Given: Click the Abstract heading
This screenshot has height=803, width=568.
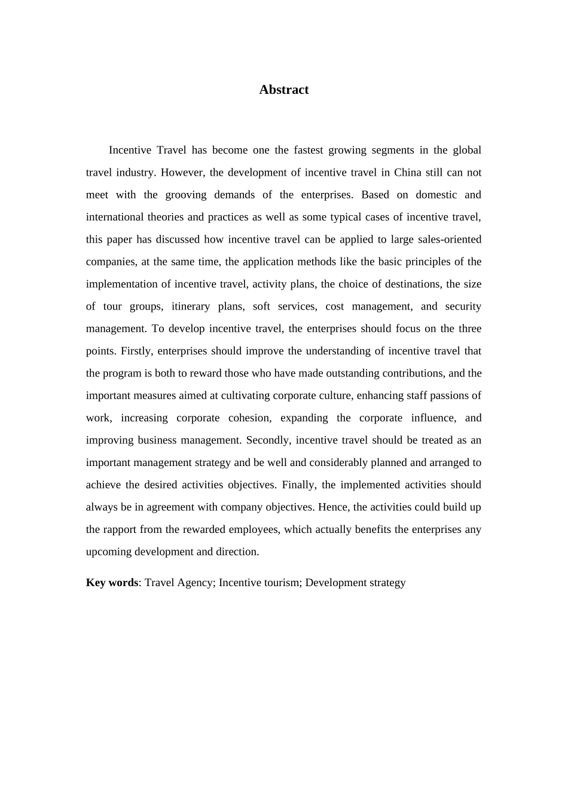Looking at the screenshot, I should coord(284,90).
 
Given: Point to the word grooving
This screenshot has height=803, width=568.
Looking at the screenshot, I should coord(185,195).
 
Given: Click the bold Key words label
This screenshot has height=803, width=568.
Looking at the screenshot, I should coord(112,583).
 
